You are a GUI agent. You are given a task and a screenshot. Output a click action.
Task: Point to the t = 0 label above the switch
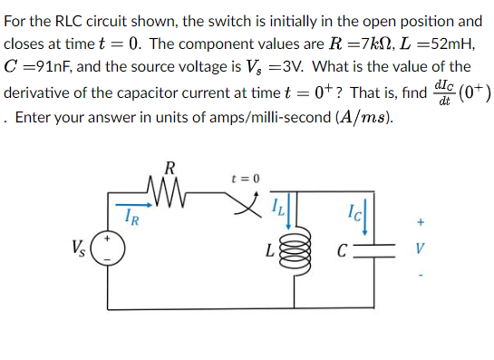(x=246, y=177)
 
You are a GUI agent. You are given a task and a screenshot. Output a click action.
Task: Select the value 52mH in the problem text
(x=446, y=44)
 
